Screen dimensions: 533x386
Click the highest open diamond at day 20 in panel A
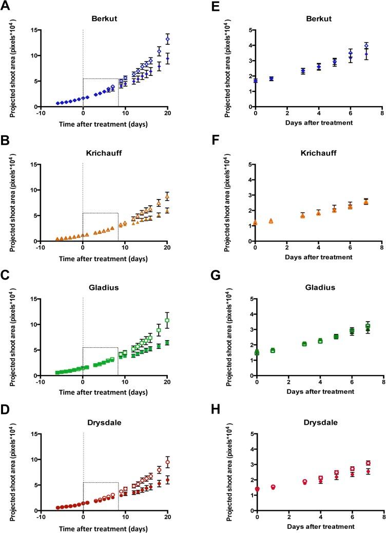click(x=167, y=40)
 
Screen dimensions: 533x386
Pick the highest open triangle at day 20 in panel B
click(x=167, y=197)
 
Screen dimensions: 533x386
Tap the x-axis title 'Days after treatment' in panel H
click(x=318, y=527)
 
